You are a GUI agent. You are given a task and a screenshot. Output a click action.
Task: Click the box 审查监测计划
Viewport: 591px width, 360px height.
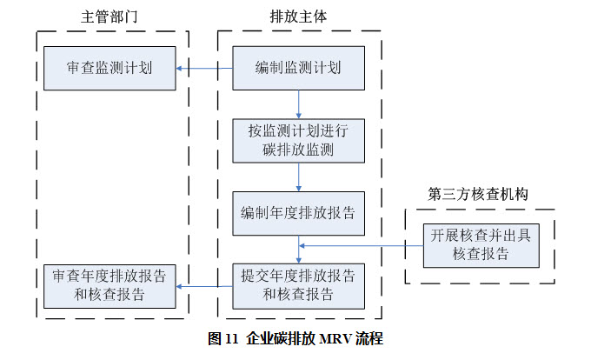point(110,67)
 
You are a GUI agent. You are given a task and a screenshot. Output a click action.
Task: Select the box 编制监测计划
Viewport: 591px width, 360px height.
point(298,67)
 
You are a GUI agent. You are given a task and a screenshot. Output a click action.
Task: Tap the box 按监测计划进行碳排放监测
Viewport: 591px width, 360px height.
point(298,141)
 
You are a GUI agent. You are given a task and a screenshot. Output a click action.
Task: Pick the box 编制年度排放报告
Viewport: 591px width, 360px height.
point(298,212)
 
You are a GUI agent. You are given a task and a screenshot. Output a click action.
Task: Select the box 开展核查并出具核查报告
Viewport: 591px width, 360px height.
point(481,245)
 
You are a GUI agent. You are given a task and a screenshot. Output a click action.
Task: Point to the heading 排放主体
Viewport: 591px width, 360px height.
point(298,17)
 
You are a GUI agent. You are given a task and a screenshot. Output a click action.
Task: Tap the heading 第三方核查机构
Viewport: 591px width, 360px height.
point(479,193)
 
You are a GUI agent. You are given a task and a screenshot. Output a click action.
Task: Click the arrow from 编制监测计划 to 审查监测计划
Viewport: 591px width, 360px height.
point(203,68)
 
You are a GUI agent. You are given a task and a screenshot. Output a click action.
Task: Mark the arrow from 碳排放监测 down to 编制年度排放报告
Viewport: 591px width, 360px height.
point(298,177)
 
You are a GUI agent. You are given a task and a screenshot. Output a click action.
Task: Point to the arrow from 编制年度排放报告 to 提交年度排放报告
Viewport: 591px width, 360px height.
point(298,249)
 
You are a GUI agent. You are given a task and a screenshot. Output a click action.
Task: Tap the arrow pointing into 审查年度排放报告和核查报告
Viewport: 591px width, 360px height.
point(204,286)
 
